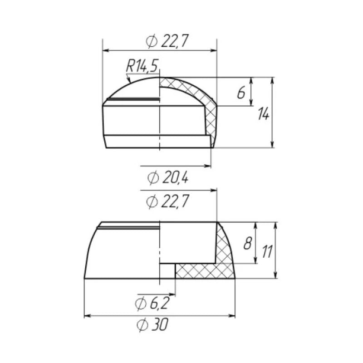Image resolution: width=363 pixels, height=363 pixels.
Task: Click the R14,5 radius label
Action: pyautogui.click(x=142, y=66)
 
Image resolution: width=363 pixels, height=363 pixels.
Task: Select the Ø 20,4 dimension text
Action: pyautogui.click(x=168, y=178)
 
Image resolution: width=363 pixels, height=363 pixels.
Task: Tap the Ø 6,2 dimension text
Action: pyautogui.click(x=152, y=304)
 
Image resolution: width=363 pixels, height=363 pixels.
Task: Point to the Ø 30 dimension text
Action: pyautogui.click(x=152, y=324)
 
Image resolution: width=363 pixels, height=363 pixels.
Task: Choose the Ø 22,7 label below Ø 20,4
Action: pyautogui.click(x=167, y=201)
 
